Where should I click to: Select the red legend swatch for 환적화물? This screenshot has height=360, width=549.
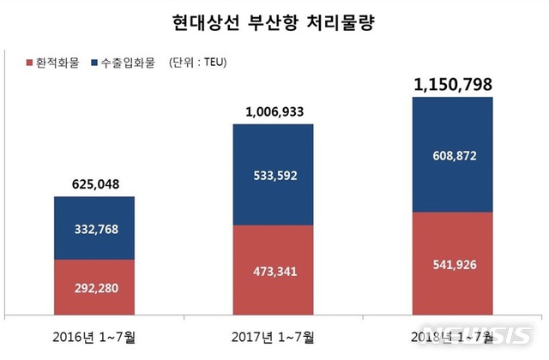point(29,63)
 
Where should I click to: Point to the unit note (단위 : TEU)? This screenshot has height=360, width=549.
point(196,63)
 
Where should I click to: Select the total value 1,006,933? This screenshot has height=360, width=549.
point(274,111)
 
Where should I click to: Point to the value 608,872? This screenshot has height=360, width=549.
point(453,157)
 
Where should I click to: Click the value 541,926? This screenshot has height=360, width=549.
point(453,264)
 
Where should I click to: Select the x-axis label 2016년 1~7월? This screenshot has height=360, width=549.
point(94,334)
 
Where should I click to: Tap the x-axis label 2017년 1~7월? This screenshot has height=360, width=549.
point(274,334)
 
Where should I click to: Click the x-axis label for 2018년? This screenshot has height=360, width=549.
point(453,334)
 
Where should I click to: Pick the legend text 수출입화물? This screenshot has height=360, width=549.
point(128,63)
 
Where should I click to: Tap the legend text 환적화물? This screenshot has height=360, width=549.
point(57,63)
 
